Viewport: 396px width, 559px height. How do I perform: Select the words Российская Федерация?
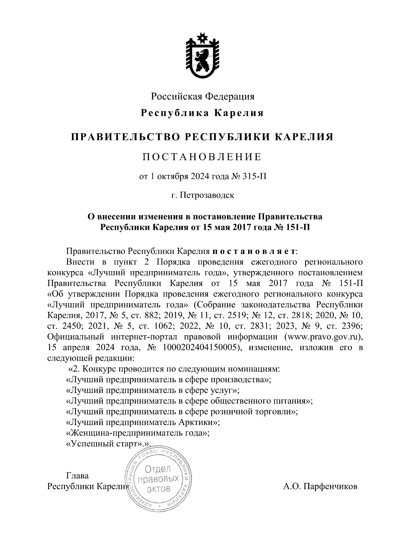(x=203, y=97)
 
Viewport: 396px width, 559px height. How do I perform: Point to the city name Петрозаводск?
(x=207, y=195)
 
